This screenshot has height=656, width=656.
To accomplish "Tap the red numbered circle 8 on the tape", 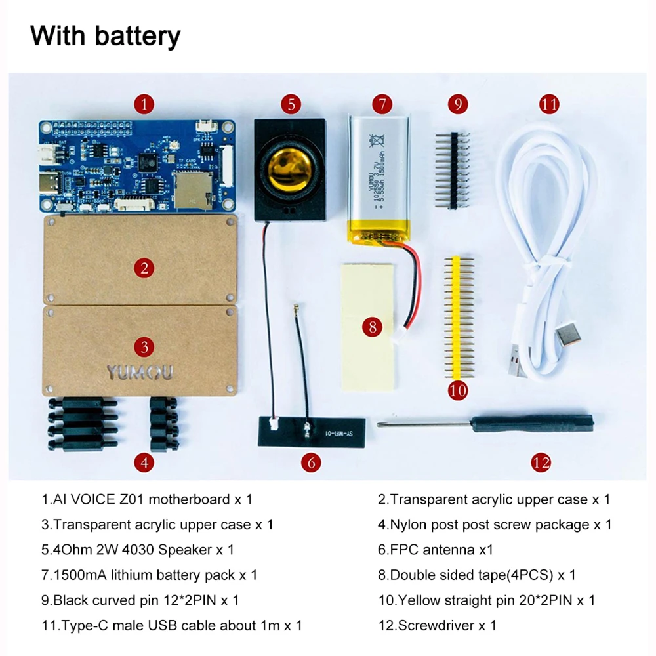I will [373, 327].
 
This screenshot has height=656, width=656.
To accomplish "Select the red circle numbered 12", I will [541, 462].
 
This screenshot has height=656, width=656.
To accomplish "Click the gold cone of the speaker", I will [289, 168].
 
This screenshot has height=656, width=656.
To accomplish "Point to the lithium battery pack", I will [380, 174].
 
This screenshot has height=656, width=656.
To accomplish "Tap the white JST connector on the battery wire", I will [398, 337].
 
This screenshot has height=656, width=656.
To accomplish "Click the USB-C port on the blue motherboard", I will [50, 183].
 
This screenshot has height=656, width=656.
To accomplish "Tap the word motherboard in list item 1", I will [190, 499].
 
